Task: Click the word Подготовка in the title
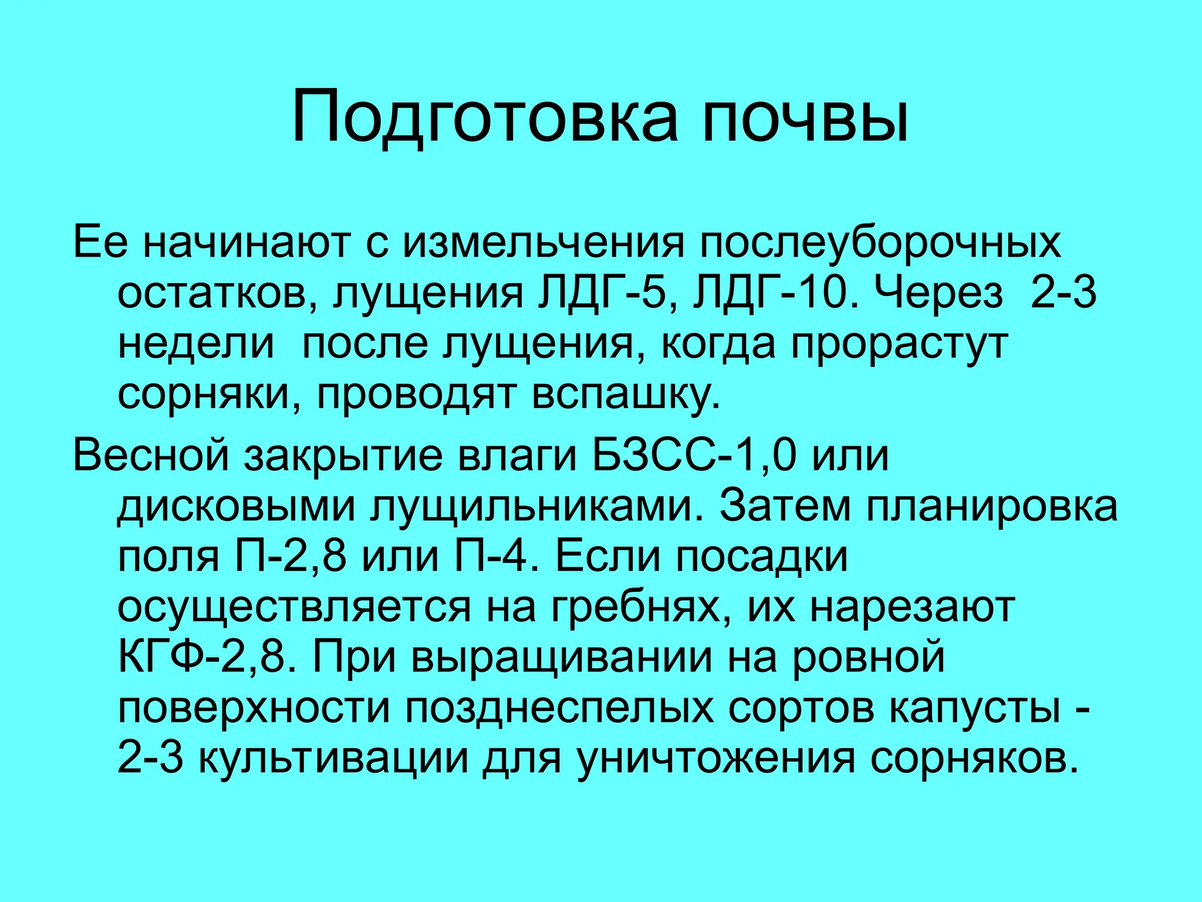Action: (484, 116)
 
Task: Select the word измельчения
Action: (543, 243)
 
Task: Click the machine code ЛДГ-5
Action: (602, 293)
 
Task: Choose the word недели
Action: (196, 344)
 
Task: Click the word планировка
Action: (991, 507)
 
